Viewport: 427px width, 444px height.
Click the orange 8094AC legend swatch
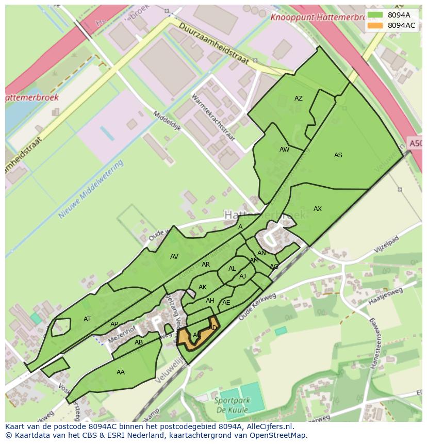[x=375, y=25]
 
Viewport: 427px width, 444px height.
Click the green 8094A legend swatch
[x=375, y=15]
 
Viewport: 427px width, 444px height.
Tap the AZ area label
[x=298, y=98]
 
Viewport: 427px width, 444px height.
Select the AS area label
[x=338, y=155]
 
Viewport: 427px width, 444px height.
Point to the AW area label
[x=284, y=150]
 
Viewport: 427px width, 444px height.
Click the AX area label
[x=317, y=209]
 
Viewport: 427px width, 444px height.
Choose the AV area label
[x=174, y=257]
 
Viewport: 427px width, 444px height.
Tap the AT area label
[x=87, y=319]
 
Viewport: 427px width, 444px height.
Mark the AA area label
[x=120, y=372]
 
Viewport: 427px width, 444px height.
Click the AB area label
[x=138, y=342]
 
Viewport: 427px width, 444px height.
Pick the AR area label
[x=206, y=265]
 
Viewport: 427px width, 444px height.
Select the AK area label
[x=202, y=287]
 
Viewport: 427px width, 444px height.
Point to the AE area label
[x=226, y=303]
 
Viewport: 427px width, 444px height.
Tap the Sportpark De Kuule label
[x=232, y=405]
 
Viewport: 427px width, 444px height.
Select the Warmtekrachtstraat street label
[x=213, y=118]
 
